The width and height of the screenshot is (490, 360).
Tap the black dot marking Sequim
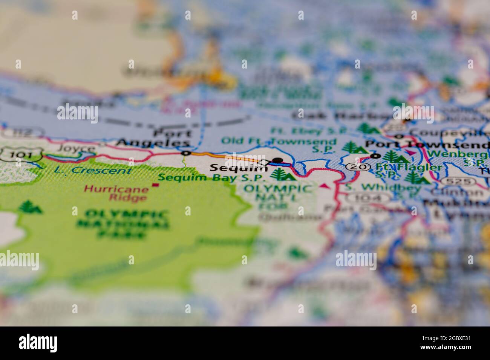[277, 160]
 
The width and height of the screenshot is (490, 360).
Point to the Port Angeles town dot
[185, 153]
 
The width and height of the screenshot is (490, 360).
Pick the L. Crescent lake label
[93, 170]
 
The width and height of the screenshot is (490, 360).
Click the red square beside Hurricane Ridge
[155, 185]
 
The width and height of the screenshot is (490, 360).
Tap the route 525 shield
[458, 181]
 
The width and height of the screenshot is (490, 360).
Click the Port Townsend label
[427, 145]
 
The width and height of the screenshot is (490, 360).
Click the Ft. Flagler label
[409, 167]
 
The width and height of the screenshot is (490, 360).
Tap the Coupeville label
[448, 133]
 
